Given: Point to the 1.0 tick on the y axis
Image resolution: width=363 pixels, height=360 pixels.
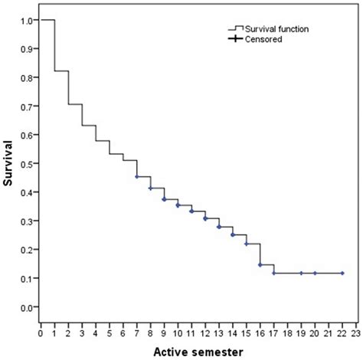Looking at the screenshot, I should tap(27, 20).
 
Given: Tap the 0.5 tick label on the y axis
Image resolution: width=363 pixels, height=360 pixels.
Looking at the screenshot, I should tap(27, 163).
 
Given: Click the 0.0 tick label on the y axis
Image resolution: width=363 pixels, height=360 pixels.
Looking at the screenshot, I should tap(27, 307).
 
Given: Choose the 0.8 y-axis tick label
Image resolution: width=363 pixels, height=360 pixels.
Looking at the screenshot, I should tap(27, 77).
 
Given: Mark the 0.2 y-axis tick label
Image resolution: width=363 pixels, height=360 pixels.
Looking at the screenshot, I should tap(27, 250).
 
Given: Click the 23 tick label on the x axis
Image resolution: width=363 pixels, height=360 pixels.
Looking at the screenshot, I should tap(356, 334).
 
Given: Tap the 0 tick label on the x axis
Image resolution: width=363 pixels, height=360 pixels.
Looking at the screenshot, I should tap(40, 334).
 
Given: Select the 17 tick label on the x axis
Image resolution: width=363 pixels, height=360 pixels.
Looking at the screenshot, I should tap(273, 334).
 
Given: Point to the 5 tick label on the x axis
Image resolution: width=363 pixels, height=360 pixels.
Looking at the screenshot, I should tap(109, 334).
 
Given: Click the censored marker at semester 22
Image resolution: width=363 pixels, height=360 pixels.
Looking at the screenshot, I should tap(342, 273).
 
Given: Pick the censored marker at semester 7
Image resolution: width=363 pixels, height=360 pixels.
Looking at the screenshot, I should tap(136, 177).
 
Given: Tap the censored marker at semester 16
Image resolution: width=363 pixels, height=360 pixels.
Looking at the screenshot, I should tap(260, 265).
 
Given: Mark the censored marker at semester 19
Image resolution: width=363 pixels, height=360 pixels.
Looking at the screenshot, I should tap(301, 273).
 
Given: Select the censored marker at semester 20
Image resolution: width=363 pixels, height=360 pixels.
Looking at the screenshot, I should tap(315, 273).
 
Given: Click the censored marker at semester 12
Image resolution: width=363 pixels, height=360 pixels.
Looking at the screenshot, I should tap(205, 218).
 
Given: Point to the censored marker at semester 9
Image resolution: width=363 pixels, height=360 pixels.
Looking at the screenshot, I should tap(164, 199).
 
